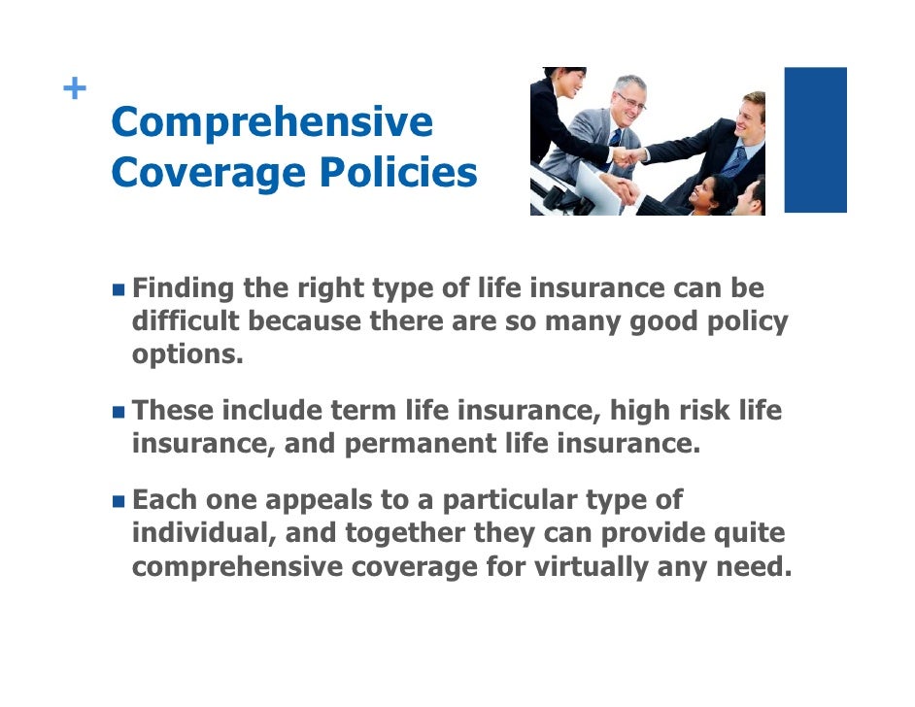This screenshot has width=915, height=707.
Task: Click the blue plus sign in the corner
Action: [x=73, y=89]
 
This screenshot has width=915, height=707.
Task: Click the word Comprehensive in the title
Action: [x=272, y=123]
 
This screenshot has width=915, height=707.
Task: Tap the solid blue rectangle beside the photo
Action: [x=815, y=140]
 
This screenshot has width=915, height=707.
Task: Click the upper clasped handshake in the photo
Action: [x=632, y=155]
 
